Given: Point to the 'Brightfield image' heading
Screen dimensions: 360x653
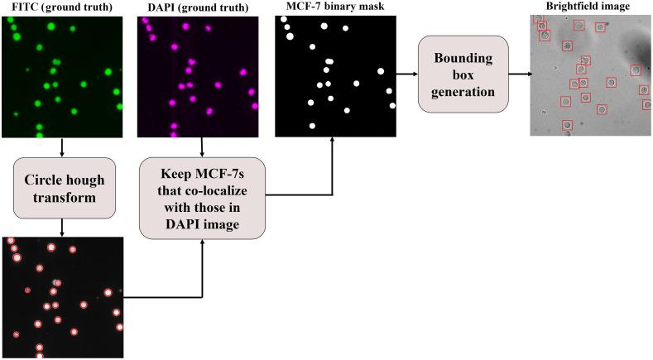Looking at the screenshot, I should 590,7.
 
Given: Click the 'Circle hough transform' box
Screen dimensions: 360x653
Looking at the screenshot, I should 63,189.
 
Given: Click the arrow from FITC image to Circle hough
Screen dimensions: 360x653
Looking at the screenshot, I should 63,147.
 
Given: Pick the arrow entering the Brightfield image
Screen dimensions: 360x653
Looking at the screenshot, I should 519,74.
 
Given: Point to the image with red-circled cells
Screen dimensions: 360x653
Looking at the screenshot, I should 63,297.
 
